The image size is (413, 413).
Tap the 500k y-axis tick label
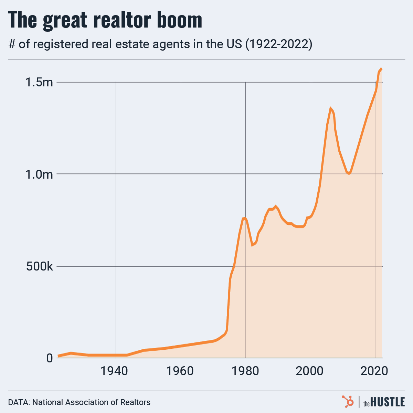[x=40, y=266]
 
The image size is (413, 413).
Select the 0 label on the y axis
[x=50, y=358]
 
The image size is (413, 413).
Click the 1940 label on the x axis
[x=116, y=371]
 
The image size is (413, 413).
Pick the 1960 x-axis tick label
[x=181, y=371]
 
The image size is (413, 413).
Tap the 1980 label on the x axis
[x=246, y=371]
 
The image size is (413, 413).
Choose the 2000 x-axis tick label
[x=311, y=371]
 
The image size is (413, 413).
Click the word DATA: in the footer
[x=19, y=402]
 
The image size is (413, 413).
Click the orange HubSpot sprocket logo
[x=348, y=401]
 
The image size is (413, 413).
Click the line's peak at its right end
[x=381, y=69]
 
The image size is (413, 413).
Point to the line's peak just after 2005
[x=330, y=108]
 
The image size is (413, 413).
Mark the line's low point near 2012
[x=349, y=173]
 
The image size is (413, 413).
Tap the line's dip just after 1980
[x=252, y=245]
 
